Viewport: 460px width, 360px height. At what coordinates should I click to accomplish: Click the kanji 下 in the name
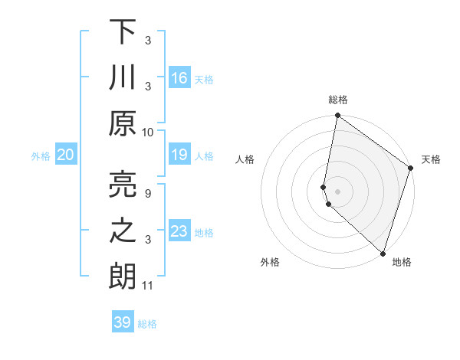(x=123, y=33)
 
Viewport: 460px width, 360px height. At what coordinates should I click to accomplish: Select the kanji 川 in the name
(x=123, y=77)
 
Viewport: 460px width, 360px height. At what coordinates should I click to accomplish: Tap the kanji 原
(x=123, y=122)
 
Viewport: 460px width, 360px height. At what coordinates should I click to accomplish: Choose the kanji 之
(x=123, y=231)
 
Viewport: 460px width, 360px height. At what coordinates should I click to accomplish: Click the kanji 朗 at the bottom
(x=123, y=275)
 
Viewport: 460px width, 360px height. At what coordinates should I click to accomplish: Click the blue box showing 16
(x=179, y=77)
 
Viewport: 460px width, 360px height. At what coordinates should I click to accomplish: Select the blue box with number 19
(x=179, y=155)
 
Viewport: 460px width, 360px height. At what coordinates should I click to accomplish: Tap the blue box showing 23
(x=179, y=231)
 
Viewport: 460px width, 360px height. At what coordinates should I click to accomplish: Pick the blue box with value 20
(x=66, y=155)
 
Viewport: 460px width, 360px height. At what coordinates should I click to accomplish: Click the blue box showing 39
(x=123, y=322)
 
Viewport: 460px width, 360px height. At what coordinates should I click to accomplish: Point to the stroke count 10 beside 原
(x=148, y=132)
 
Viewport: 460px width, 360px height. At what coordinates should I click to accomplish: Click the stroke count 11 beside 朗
(x=148, y=286)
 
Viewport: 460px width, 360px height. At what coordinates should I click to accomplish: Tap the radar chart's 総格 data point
(x=337, y=116)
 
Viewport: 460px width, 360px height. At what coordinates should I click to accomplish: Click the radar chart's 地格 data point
(x=383, y=253)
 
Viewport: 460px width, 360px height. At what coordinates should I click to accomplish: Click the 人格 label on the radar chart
(x=245, y=159)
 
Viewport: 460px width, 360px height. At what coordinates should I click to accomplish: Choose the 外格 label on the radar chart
(x=270, y=262)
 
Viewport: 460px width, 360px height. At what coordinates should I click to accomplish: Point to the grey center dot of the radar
(x=337, y=191)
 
